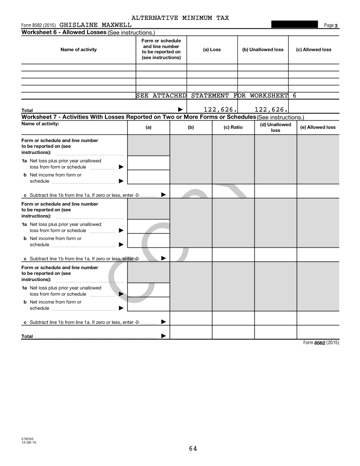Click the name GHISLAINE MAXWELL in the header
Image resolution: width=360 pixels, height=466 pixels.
pos(92,25)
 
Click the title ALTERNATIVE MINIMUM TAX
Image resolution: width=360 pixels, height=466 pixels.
pos(180,18)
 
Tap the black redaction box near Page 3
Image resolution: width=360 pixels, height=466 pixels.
pos(294,25)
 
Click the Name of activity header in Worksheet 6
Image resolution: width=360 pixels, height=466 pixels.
pos(79,49)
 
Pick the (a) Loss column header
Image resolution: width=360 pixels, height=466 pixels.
pos(212,49)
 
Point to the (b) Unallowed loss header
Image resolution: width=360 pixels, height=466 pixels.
pos(263,49)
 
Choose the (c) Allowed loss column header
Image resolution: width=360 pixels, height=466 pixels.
pos(314,49)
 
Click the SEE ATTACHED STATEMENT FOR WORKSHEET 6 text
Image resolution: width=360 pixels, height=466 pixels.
pos(216,95)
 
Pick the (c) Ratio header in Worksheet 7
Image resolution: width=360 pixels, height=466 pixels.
pos(233,127)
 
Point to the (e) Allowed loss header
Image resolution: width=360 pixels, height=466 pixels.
pos(318,127)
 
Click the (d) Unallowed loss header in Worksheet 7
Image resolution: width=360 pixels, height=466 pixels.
pos(276,127)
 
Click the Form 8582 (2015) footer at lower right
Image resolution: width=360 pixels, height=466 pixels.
pos(321,343)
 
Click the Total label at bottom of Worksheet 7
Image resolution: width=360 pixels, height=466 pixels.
pos(27,336)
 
